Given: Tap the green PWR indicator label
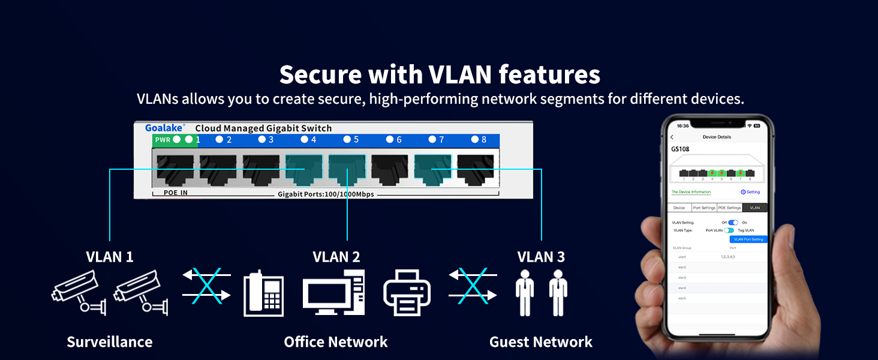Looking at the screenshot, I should click(x=163, y=140).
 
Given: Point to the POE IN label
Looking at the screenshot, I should click(x=176, y=193).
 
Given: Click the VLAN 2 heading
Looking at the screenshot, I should click(x=336, y=257).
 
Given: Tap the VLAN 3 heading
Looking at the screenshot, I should click(x=541, y=257).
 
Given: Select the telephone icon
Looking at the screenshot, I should click(x=263, y=293).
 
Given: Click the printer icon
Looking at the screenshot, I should click(x=407, y=292).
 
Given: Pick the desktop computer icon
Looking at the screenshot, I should click(x=333, y=292).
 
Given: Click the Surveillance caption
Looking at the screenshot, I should click(x=110, y=342).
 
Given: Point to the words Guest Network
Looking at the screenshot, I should click(x=541, y=342).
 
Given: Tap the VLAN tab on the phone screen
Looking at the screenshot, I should click(x=754, y=208).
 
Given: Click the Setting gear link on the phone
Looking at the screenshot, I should click(x=750, y=192).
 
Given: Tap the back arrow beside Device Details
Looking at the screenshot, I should click(x=672, y=137).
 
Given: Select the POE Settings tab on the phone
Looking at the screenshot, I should click(x=729, y=208).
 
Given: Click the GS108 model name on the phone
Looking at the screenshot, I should click(x=679, y=149).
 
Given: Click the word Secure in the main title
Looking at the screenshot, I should click(x=320, y=75).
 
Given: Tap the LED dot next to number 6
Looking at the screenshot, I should click(x=390, y=140).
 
